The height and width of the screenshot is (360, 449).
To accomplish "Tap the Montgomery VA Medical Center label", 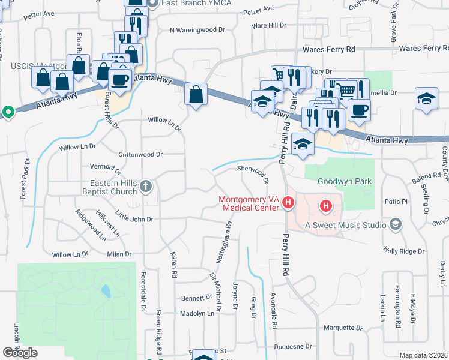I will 249,203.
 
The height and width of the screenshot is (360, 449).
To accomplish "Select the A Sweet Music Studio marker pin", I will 395,224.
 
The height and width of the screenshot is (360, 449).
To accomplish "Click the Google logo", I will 20,353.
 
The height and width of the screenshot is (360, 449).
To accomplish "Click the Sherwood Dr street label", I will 252,171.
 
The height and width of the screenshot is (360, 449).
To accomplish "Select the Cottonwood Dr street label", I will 140,154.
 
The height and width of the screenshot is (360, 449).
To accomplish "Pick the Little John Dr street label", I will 134,217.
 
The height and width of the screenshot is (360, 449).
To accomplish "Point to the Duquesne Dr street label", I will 292,347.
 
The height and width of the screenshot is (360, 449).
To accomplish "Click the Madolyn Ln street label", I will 197,314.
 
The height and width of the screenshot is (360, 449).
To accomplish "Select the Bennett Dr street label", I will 193,298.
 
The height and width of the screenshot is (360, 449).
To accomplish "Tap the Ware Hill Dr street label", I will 270,26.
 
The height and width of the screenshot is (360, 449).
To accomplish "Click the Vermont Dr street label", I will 105,166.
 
